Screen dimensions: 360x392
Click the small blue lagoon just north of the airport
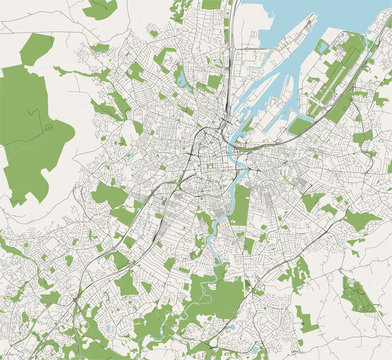click(x=322, y=46)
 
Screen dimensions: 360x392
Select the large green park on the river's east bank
click(x=240, y=205)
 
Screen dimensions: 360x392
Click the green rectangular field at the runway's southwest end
click(x=300, y=126)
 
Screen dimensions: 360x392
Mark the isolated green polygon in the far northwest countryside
click(x=36, y=48)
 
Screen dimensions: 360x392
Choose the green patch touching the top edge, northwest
click(x=100, y=9)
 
